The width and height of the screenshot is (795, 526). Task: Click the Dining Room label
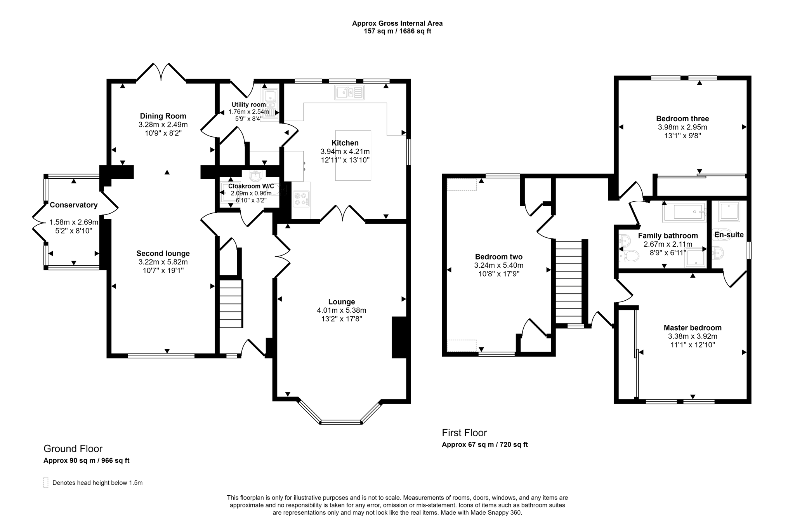[163, 116]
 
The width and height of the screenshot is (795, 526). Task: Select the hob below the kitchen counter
[301, 199]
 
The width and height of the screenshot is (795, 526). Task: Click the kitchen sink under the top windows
[349, 93]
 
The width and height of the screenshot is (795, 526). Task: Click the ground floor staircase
[231, 303]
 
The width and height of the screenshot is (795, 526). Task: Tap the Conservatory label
[73, 205]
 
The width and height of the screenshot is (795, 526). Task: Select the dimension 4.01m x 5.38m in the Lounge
[341, 310]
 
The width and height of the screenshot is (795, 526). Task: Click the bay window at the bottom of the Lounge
[340, 421]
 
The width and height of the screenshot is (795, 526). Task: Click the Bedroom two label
[498, 257]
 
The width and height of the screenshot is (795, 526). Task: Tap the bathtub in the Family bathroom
[684, 212]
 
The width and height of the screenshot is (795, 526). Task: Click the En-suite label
[729, 235]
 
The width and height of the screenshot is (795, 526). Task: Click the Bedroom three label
[682, 118]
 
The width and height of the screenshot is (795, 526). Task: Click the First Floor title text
[464, 433]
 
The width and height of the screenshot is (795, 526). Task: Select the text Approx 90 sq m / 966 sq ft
[86, 461]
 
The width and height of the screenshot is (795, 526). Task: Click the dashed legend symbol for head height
[46, 482]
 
